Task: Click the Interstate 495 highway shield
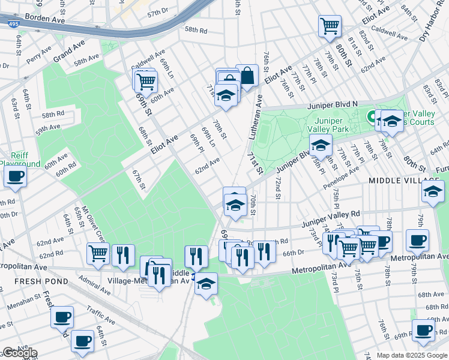pos(13,24)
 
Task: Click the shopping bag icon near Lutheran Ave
pos(247,76)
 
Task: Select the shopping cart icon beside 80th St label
pos(329,26)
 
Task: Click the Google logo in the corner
pos(19,353)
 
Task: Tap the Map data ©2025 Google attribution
pos(412,355)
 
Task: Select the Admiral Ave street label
pos(95,285)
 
